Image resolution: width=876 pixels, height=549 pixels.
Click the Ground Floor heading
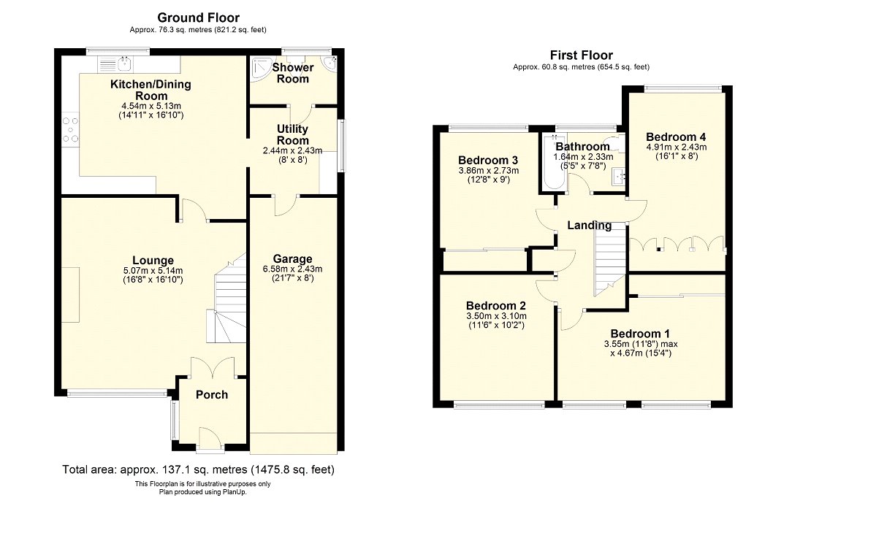click(199, 18)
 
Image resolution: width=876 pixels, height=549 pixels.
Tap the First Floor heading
click(582, 55)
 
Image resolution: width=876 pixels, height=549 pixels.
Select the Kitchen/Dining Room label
click(151, 90)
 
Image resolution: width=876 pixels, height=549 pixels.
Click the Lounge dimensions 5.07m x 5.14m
click(153, 270)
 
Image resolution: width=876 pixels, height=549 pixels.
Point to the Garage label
click(292, 258)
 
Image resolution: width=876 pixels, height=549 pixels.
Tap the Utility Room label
click(292, 134)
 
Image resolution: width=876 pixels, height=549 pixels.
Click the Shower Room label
click(293, 73)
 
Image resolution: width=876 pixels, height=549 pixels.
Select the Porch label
click(212, 395)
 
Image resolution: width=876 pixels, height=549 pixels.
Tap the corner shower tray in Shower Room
click(261, 68)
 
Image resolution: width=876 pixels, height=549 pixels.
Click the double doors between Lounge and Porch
click(213, 368)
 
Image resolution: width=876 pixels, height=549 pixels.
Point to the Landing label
click(590, 226)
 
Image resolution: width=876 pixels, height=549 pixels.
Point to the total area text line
click(199, 469)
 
